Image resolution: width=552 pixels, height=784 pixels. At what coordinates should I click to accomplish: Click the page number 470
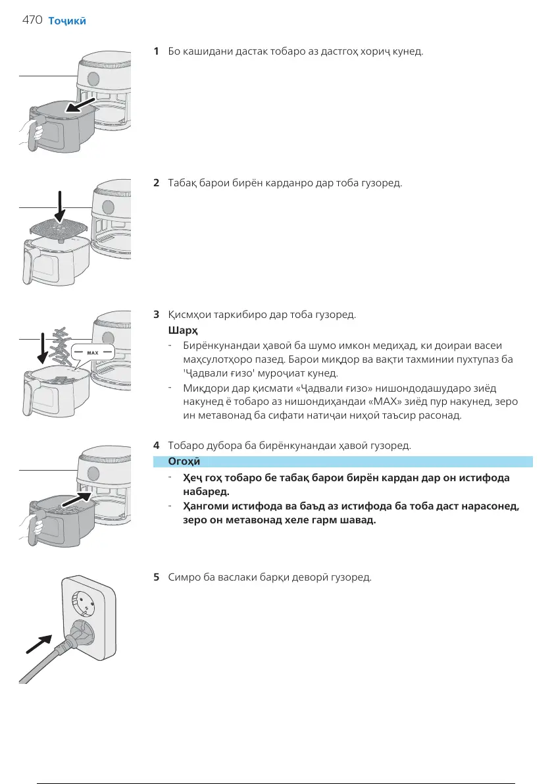[x=32, y=20]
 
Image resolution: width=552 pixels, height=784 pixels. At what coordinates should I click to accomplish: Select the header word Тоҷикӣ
[x=67, y=20]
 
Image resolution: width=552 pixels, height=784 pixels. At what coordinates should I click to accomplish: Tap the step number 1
[x=156, y=51]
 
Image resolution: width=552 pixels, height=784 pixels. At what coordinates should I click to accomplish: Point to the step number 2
[x=156, y=182]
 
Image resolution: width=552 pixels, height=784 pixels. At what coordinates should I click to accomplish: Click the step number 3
[x=156, y=315]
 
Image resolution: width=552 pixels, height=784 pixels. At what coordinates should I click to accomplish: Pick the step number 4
[x=156, y=446]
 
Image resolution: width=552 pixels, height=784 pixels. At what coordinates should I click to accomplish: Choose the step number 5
[x=156, y=577]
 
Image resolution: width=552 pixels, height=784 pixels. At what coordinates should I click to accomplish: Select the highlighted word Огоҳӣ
[x=185, y=461]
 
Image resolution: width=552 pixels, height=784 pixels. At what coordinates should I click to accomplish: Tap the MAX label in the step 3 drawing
[x=92, y=353]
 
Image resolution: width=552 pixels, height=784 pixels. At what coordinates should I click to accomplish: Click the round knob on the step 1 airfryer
[x=93, y=80]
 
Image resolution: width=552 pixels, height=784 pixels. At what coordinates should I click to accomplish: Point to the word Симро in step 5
[x=184, y=577]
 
